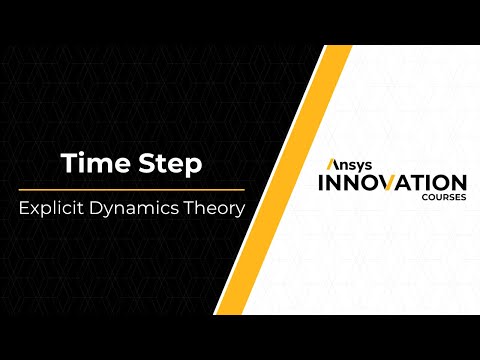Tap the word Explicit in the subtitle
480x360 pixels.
point(53,211)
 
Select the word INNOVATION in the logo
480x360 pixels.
point(390,183)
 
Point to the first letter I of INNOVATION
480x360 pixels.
point(321,183)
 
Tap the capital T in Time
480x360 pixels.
point(67,162)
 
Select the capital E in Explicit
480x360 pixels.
point(25,211)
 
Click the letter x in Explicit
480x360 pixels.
point(36,212)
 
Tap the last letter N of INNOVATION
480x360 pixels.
point(456,183)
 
